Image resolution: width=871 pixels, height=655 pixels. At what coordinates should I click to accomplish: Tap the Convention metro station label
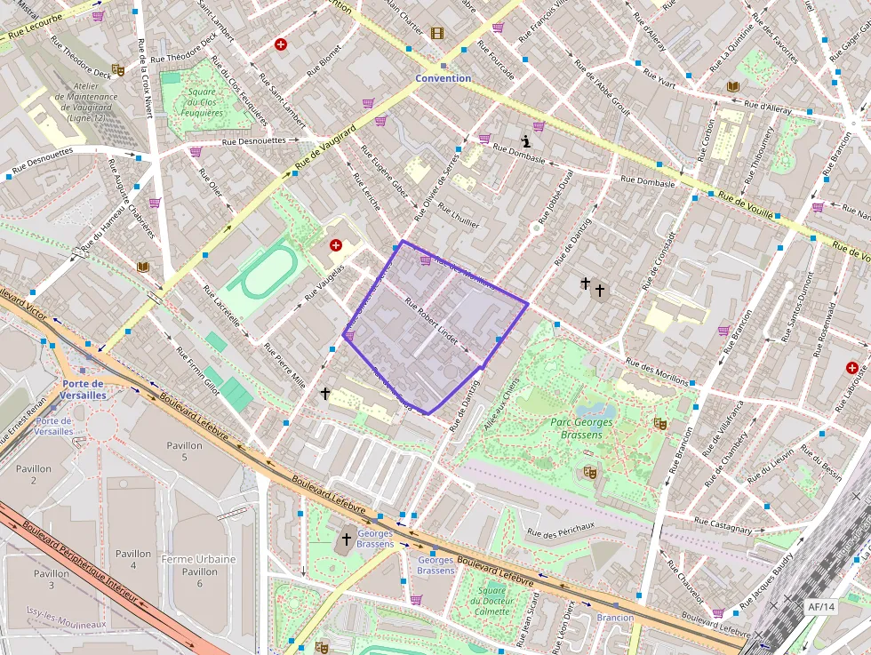(x=443, y=78)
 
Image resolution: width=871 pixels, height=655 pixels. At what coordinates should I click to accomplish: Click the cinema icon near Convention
(x=436, y=33)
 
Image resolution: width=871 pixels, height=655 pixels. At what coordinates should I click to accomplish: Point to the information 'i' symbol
(x=527, y=140)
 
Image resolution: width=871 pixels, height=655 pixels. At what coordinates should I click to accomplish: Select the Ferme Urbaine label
(x=198, y=559)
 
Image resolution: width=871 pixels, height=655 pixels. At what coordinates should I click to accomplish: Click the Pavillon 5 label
(x=184, y=451)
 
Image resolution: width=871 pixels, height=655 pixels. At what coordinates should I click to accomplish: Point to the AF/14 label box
(x=821, y=606)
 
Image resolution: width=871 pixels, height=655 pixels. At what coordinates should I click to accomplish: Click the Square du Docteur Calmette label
(x=491, y=601)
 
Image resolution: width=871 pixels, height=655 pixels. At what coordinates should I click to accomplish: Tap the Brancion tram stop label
(x=615, y=617)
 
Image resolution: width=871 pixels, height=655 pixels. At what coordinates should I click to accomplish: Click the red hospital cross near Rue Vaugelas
(x=335, y=244)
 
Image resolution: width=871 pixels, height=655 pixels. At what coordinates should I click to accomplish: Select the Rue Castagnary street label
(x=723, y=525)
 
